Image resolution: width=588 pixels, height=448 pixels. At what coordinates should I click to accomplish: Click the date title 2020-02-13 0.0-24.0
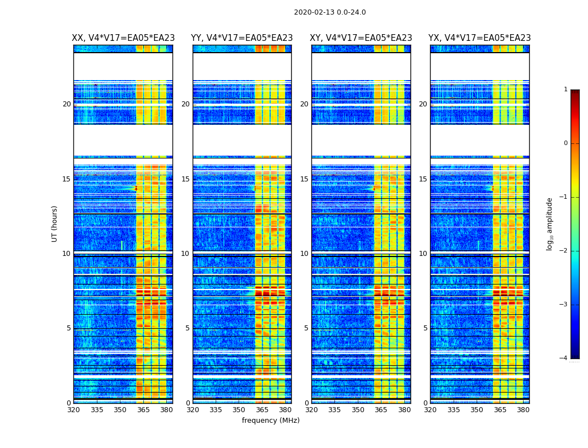coord(330,12)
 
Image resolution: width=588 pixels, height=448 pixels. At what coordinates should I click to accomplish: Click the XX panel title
coord(123,38)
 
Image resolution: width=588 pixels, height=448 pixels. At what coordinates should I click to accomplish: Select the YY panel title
coord(242,38)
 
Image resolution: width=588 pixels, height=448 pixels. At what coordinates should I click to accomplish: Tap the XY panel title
coord(361,38)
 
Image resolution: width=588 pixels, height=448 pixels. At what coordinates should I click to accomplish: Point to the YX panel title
coord(479,38)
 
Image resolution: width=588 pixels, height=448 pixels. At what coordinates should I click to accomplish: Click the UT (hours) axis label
coord(55,223)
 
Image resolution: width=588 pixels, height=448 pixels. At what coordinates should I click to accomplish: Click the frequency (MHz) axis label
coord(270,421)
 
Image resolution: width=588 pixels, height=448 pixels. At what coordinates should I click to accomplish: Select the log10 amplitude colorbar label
coord(550,223)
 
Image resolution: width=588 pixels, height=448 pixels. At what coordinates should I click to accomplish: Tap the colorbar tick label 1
coord(566,90)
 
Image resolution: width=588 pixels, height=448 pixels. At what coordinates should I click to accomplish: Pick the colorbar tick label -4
coord(564,358)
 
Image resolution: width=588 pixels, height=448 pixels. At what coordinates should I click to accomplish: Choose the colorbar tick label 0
coord(566,143)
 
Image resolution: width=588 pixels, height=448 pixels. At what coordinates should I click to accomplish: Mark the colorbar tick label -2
coord(564,251)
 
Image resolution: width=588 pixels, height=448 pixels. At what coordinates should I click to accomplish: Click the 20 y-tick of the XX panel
coord(67,104)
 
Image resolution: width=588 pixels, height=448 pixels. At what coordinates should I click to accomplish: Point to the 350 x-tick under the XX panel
coord(120,410)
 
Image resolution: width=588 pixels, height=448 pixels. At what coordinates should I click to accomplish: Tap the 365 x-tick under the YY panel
coord(262,410)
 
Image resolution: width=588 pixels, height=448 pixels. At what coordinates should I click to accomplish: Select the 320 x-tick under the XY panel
coord(312,410)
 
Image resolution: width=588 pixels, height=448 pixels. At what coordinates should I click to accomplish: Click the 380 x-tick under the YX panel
coord(523,410)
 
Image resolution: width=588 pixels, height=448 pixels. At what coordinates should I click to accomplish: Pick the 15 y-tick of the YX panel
coord(423,179)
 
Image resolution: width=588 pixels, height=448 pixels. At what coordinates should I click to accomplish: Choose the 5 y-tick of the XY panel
coord(306,328)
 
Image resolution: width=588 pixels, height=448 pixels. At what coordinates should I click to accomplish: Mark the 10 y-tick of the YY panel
coord(185,254)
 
